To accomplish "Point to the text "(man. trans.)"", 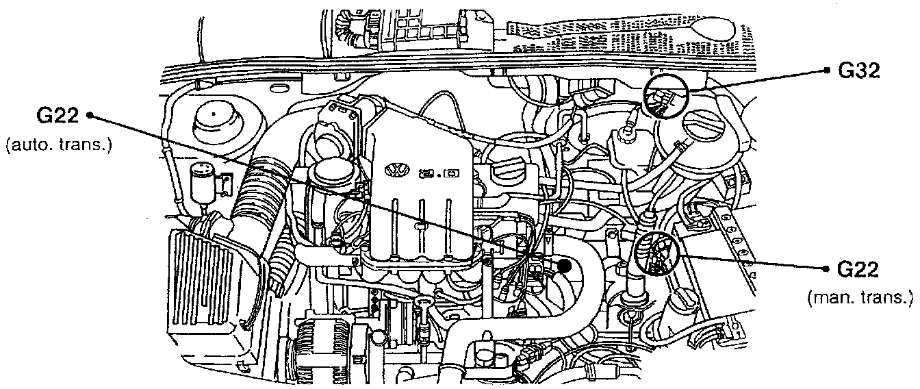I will tap(860, 297).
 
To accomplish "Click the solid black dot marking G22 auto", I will tap(565, 266).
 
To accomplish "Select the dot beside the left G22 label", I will tap(90, 117).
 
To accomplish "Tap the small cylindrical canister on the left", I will tap(203, 183).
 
